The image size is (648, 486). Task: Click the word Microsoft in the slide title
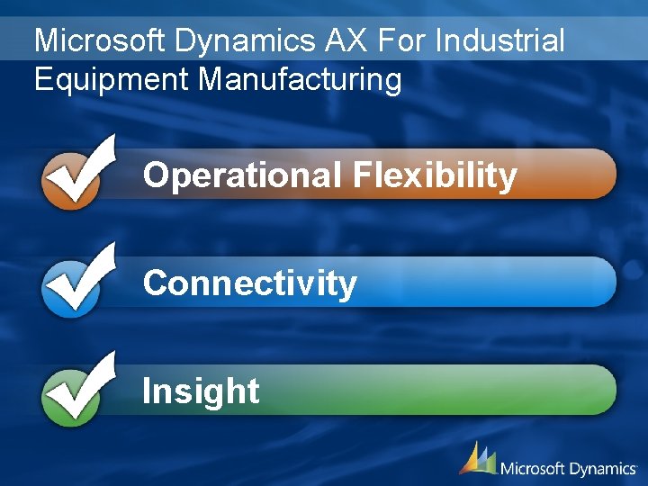point(100,40)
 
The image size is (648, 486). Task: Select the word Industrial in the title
point(502,40)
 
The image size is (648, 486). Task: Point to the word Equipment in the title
point(112,79)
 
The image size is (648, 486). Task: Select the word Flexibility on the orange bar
point(435,175)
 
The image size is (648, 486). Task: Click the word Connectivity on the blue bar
point(249,283)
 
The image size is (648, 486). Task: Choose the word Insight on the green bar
point(201,391)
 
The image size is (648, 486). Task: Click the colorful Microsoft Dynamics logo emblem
point(478,459)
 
